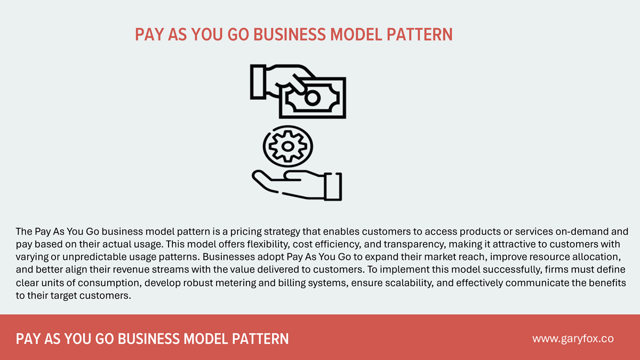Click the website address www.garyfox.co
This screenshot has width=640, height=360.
573,339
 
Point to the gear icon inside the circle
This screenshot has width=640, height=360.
288,145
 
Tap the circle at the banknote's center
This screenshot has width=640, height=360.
313,97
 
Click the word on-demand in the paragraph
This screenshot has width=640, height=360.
567,231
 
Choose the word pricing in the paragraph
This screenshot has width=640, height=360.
258,231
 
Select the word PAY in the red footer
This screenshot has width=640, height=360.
29,339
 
